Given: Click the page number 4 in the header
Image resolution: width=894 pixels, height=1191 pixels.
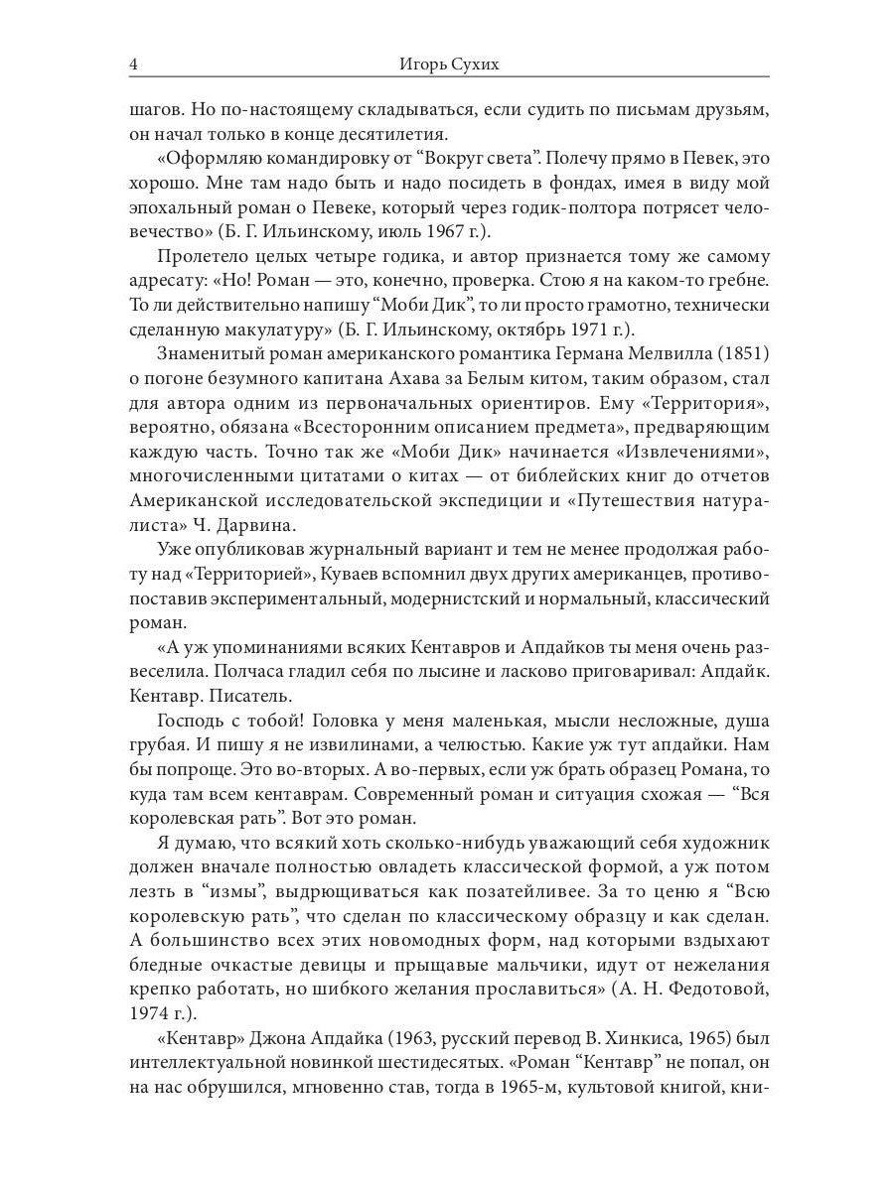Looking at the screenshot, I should point(133,65).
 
